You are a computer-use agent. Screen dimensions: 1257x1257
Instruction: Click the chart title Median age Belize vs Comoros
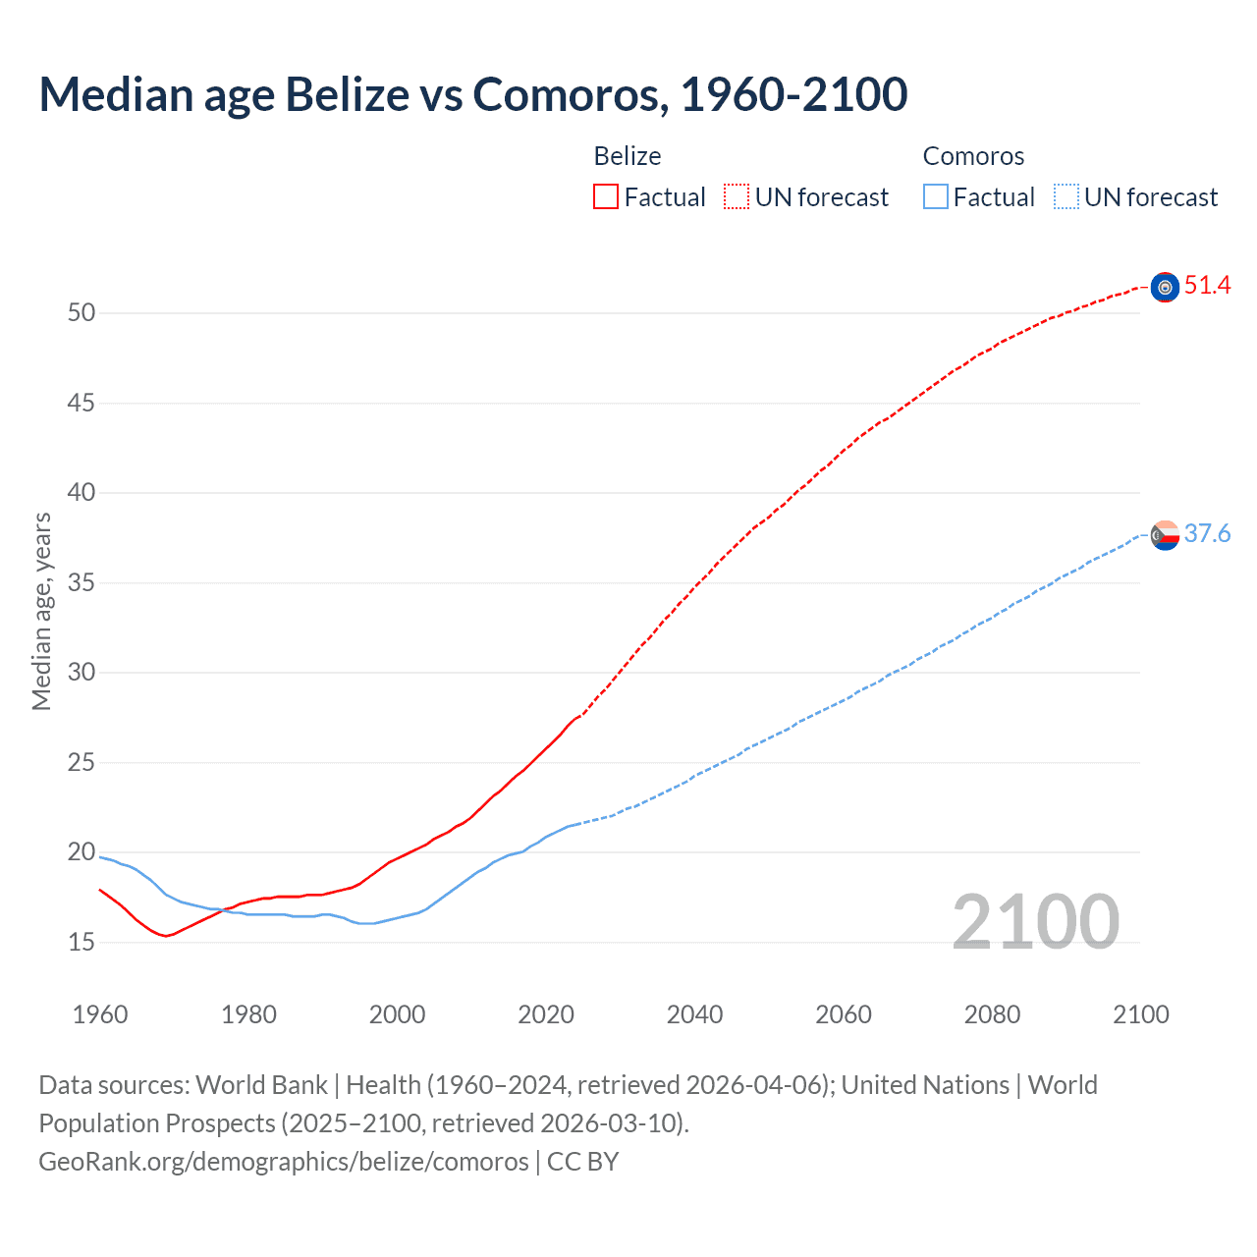472,94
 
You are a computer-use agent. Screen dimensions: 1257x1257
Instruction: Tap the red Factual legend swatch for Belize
606,197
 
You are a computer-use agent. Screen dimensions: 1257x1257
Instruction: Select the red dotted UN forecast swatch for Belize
737,197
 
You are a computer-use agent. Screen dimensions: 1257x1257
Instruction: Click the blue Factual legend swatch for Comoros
935,197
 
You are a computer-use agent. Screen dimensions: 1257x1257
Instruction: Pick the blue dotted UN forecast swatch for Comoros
1066,197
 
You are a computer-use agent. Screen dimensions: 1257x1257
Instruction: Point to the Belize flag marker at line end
1165,287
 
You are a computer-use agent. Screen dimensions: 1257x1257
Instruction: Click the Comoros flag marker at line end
1165,535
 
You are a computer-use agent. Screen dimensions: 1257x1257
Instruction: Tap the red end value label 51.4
1207,286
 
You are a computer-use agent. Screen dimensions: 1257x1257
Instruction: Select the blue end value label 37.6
1207,534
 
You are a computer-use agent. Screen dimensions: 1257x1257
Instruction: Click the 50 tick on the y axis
82,313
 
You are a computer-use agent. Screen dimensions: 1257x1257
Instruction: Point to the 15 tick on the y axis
82,943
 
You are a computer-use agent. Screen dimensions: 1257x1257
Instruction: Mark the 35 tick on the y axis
82,583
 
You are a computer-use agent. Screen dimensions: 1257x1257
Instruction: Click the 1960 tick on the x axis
100,1014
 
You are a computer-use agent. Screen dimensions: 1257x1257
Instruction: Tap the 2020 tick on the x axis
546,1014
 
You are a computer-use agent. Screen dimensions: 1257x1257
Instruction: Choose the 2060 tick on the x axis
844,1014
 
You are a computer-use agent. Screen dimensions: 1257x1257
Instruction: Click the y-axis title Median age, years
41,611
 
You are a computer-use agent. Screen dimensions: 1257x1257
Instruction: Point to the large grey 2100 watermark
1035,922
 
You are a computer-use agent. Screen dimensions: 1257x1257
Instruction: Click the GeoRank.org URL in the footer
284,1162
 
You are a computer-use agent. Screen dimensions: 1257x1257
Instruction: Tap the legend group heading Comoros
973,156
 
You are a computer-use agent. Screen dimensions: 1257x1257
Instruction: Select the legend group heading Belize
628,156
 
